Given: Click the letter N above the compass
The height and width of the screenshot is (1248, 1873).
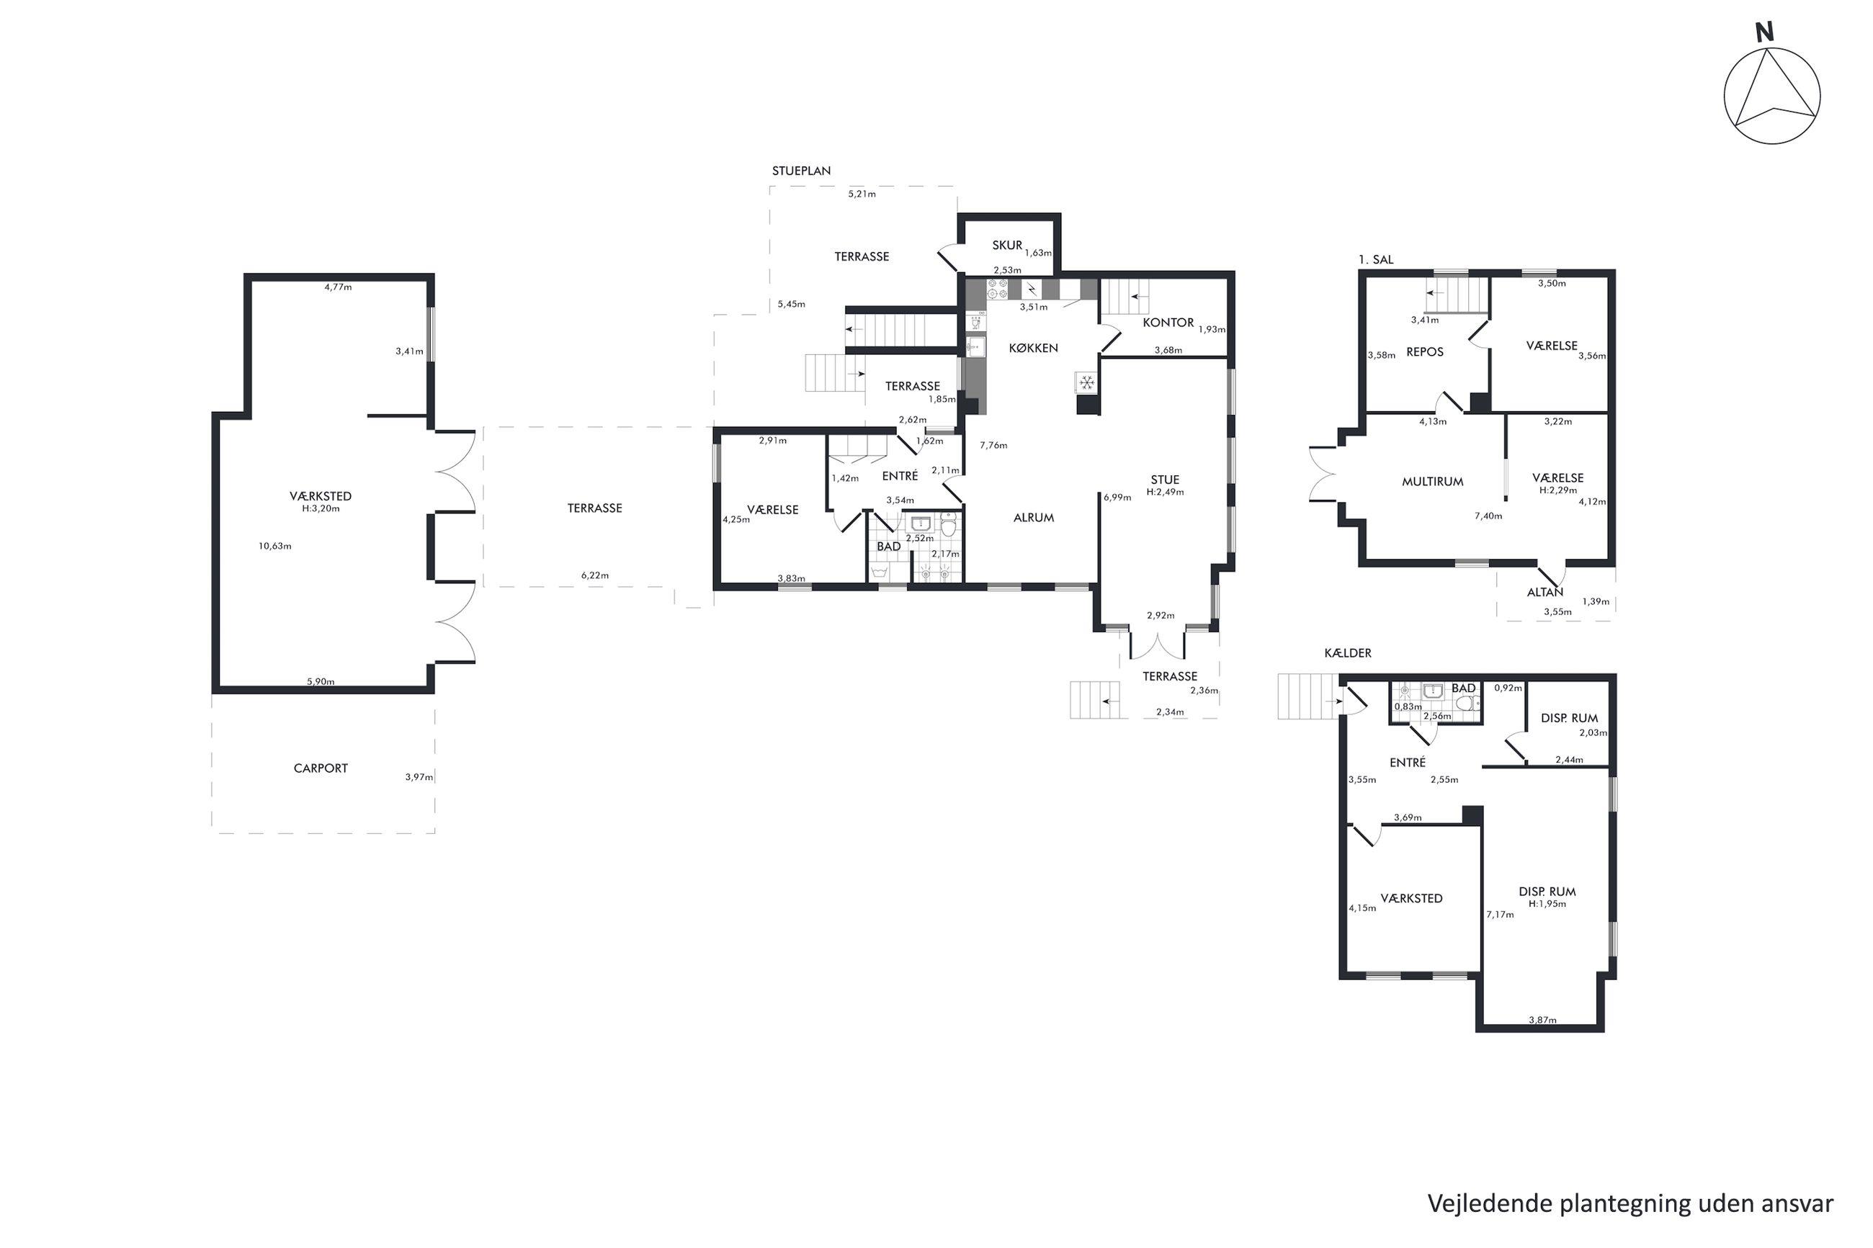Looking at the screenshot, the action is tap(1764, 32).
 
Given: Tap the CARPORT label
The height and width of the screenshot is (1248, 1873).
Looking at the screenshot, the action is tap(320, 768).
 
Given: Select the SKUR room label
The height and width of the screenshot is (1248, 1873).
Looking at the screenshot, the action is tap(1007, 245).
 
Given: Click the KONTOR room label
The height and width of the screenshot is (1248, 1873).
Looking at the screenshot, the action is tap(1168, 323).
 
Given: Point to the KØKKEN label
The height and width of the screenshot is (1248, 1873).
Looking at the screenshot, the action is tap(1033, 348).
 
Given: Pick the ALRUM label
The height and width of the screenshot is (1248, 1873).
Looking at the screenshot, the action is tap(1033, 517).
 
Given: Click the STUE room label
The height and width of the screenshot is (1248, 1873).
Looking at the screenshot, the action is tap(1165, 479).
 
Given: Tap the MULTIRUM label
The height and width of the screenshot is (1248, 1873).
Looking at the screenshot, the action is tap(1432, 482).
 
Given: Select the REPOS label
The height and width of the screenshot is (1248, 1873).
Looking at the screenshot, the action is tap(1424, 352).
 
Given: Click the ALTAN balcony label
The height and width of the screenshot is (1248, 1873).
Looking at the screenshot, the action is tap(1545, 592).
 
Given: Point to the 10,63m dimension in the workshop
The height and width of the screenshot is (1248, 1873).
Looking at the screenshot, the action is tap(274, 546).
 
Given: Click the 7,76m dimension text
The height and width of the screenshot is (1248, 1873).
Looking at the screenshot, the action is tap(993, 446).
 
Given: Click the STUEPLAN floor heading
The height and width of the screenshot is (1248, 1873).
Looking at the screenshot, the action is tap(801, 171).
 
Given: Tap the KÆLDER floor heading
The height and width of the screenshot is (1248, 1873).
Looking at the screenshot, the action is tap(1348, 652).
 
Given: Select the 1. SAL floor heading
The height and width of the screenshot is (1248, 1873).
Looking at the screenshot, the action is tap(1376, 259).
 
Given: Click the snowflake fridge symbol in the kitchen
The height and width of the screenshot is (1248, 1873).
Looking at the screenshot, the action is tap(1086, 383).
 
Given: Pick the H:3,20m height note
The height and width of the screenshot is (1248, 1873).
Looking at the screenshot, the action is tap(321, 508).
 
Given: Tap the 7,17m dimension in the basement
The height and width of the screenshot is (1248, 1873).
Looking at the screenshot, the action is tap(1500, 915).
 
